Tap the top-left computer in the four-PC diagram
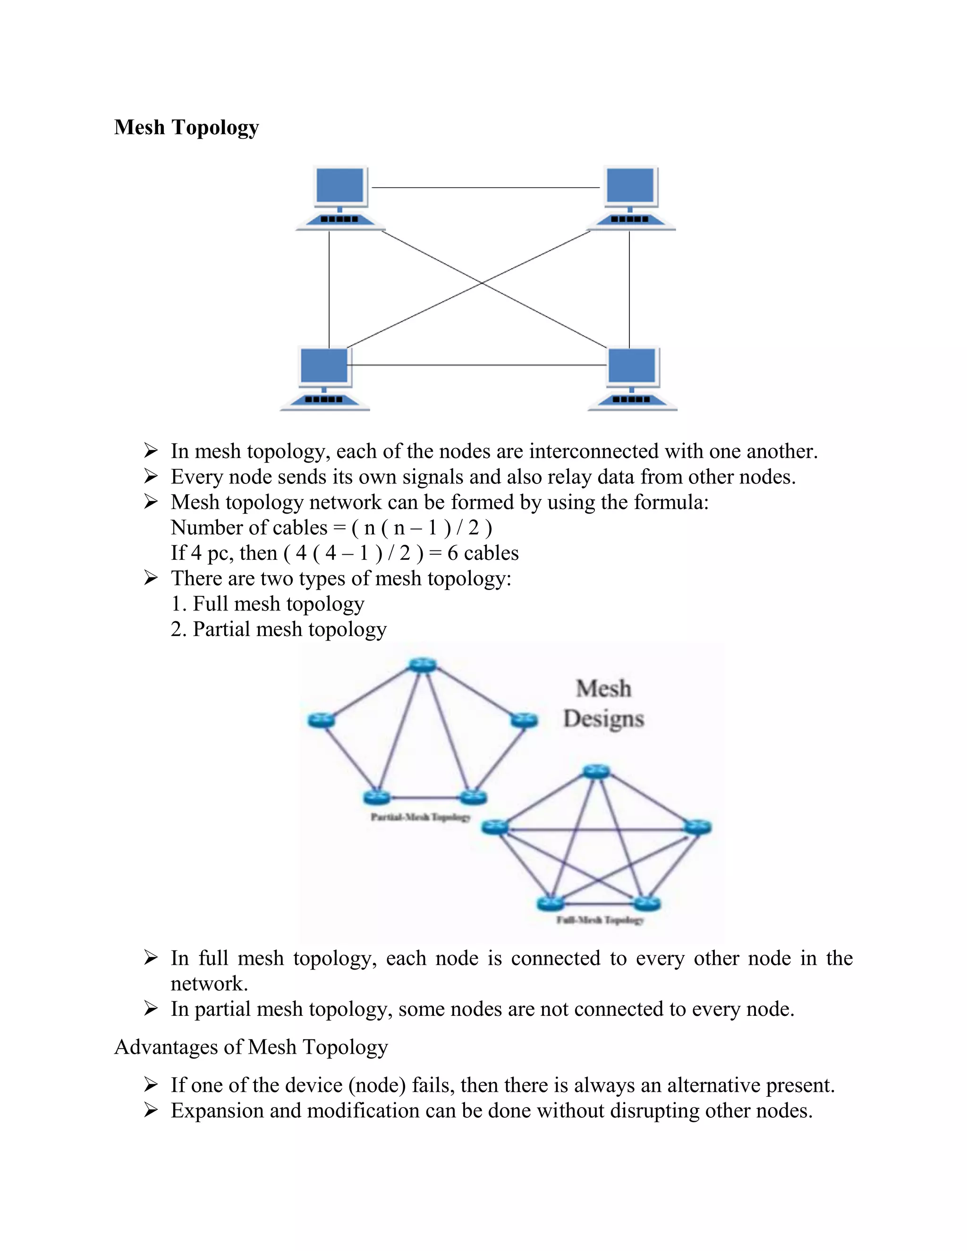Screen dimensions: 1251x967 point(340,198)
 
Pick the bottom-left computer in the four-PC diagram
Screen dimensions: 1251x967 point(324,378)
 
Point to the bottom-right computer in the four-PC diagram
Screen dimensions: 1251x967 point(632,378)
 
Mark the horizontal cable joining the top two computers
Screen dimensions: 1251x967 point(485,187)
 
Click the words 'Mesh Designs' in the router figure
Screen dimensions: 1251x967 point(604,703)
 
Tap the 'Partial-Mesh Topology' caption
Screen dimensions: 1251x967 point(421,817)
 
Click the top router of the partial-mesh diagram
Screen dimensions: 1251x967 point(423,665)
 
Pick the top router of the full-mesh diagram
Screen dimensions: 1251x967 point(596,771)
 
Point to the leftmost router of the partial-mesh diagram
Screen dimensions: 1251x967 point(321,720)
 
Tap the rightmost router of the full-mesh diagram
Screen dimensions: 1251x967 point(697,827)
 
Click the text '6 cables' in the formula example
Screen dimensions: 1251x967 point(483,553)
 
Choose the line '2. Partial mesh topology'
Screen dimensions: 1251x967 point(279,629)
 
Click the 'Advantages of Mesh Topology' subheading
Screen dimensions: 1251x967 point(251,1047)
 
